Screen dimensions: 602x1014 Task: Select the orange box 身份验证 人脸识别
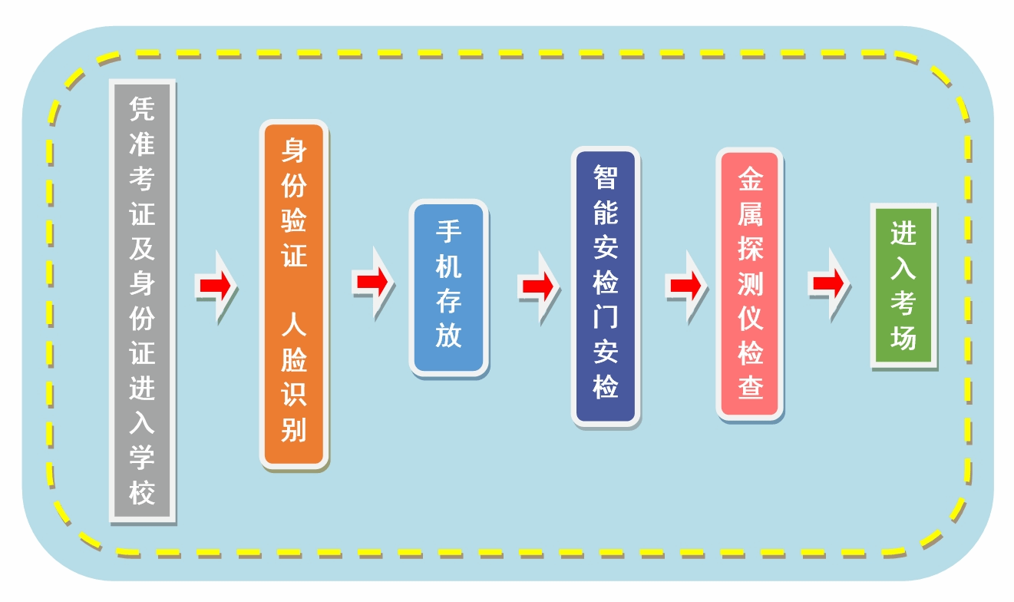tap(294, 296)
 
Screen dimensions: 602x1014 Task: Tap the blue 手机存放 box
tap(448, 288)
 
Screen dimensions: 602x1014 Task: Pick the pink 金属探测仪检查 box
tap(750, 284)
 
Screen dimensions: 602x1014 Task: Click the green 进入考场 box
tap(903, 286)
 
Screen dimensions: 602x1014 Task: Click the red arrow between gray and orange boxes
tap(216, 286)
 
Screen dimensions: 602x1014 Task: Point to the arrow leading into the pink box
tap(685, 286)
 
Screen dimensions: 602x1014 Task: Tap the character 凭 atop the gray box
tap(142, 110)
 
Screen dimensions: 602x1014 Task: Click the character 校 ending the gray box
tap(142, 492)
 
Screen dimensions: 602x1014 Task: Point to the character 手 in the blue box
tap(448, 232)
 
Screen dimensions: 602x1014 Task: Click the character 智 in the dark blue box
tap(606, 177)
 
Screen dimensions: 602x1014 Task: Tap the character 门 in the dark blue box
tap(606, 318)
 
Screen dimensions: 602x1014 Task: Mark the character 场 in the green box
tap(903, 338)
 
